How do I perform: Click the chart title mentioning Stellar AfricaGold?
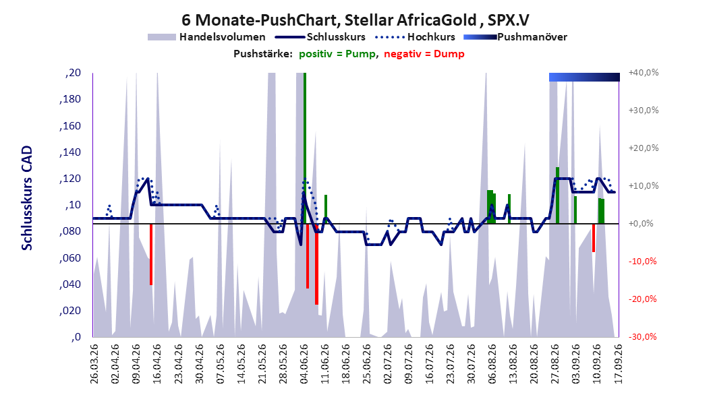[355, 20]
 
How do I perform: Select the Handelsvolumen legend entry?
[207, 37]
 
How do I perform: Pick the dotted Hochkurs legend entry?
[415, 37]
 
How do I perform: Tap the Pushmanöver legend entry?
[515, 37]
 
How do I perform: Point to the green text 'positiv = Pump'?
[337, 54]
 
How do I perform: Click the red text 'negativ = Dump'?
[424, 54]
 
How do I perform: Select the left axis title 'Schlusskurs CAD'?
[27, 198]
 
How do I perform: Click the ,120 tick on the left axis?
[70, 179]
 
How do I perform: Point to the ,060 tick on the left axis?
[70, 257]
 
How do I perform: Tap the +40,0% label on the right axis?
[644, 73]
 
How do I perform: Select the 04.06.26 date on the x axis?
[304, 364]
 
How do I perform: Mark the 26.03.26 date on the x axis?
[94, 364]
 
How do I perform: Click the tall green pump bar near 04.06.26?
[305, 148]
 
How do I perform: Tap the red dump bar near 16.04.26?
[151, 254]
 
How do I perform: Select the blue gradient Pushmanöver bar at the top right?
[584, 77]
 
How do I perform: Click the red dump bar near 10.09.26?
[594, 238]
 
